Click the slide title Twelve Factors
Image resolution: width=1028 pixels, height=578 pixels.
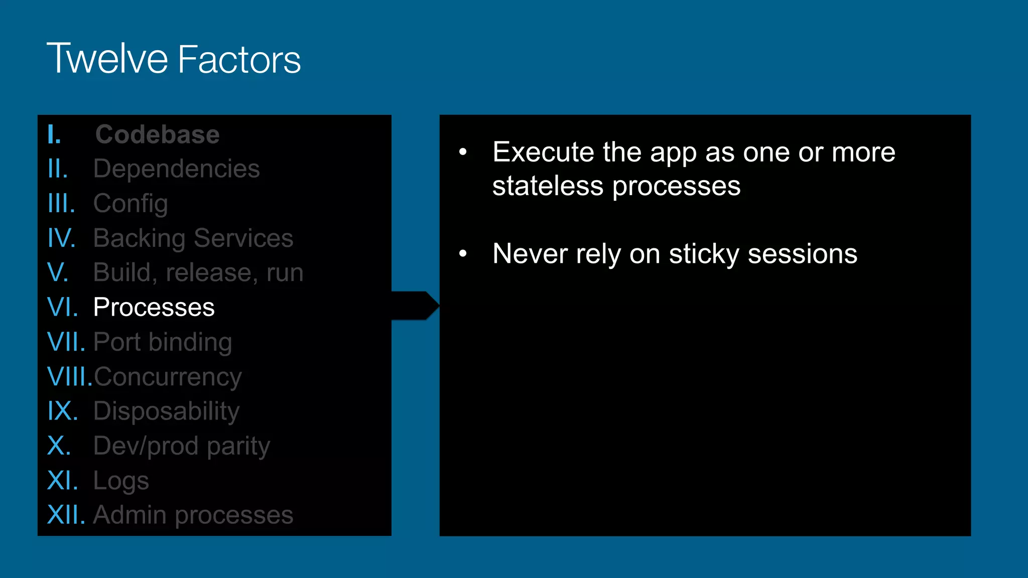(x=174, y=59)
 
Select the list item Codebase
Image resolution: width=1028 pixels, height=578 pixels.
(x=157, y=134)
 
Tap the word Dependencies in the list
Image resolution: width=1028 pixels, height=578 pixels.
(x=177, y=169)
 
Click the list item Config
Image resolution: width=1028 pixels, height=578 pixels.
(x=131, y=204)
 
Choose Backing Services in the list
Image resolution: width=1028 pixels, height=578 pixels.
(x=193, y=238)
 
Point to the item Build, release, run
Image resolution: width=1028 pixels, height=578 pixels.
(x=198, y=272)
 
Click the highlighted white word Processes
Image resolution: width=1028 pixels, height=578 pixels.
(x=154, y=307)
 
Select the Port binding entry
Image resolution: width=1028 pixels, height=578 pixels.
(x=163, y=342)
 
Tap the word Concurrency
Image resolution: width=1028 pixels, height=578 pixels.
(x=168, y=377)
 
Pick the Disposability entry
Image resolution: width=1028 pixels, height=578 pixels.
(x=166, y=411)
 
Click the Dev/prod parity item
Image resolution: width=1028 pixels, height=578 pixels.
(x=182, y=446)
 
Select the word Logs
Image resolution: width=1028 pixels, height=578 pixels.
(x=121, y=481)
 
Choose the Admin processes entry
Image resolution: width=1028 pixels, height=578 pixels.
(x=193, y=515)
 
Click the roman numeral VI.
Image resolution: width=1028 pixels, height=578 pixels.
(x=62, y=307)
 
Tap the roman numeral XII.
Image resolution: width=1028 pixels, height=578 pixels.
(x=66, y=515)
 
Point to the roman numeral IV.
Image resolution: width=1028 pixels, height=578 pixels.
(x=61, y=238)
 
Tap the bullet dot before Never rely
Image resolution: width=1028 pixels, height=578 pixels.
(x=463, y=254)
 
